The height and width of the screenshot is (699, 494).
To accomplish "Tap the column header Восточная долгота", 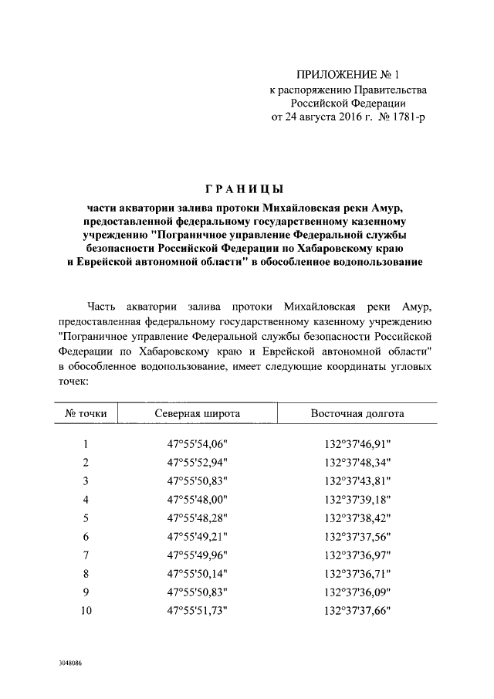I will tap(357, 414).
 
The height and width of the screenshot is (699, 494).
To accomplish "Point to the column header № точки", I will tap(86, 414).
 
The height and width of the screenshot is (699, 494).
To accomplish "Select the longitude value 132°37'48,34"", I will tap(357, 463).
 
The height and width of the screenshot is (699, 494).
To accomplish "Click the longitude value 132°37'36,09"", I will tap(357, 592).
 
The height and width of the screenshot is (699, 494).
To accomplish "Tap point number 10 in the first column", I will tap(86, 611).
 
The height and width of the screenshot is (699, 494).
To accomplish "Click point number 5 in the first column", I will tap(86, 518).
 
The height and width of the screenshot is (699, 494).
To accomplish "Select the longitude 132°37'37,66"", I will tap(357, 611).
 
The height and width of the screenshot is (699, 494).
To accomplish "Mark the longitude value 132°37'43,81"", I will tap(357, 481).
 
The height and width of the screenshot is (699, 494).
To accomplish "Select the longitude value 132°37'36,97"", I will tap(357, 555).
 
